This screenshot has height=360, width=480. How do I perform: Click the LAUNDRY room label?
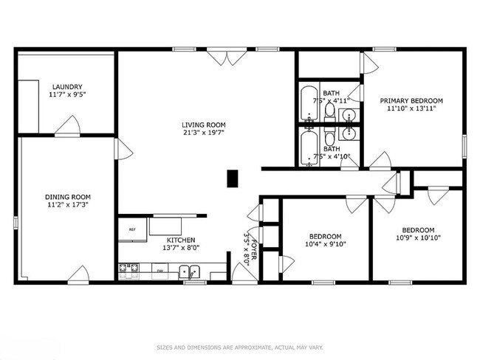[x=66, y=86]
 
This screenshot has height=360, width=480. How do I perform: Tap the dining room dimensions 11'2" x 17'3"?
[x=68, y=206]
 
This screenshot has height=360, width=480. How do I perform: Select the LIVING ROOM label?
[x=205, y=125]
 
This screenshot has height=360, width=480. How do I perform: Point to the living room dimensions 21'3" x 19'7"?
[x=205, y=133]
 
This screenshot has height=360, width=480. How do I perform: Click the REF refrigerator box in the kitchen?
[x=132, y=229]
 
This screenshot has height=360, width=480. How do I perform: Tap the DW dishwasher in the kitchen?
[x=160, y=271]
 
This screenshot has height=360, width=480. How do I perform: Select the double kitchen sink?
[x=188, y=271]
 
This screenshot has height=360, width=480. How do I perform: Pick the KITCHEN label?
[x=180, y=240]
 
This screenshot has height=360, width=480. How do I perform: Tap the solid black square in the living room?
[x=233, y=177]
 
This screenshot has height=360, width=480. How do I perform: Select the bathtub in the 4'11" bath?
[x=309, y=105]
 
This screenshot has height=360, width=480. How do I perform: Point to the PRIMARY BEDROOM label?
[x=411, y=100]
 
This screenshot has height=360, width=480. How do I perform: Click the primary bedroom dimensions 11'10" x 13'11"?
[x=411, y=108]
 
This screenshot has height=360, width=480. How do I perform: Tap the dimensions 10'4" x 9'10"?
[x=326, y=244]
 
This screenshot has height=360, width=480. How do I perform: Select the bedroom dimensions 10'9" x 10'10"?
[x=418, y=238]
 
